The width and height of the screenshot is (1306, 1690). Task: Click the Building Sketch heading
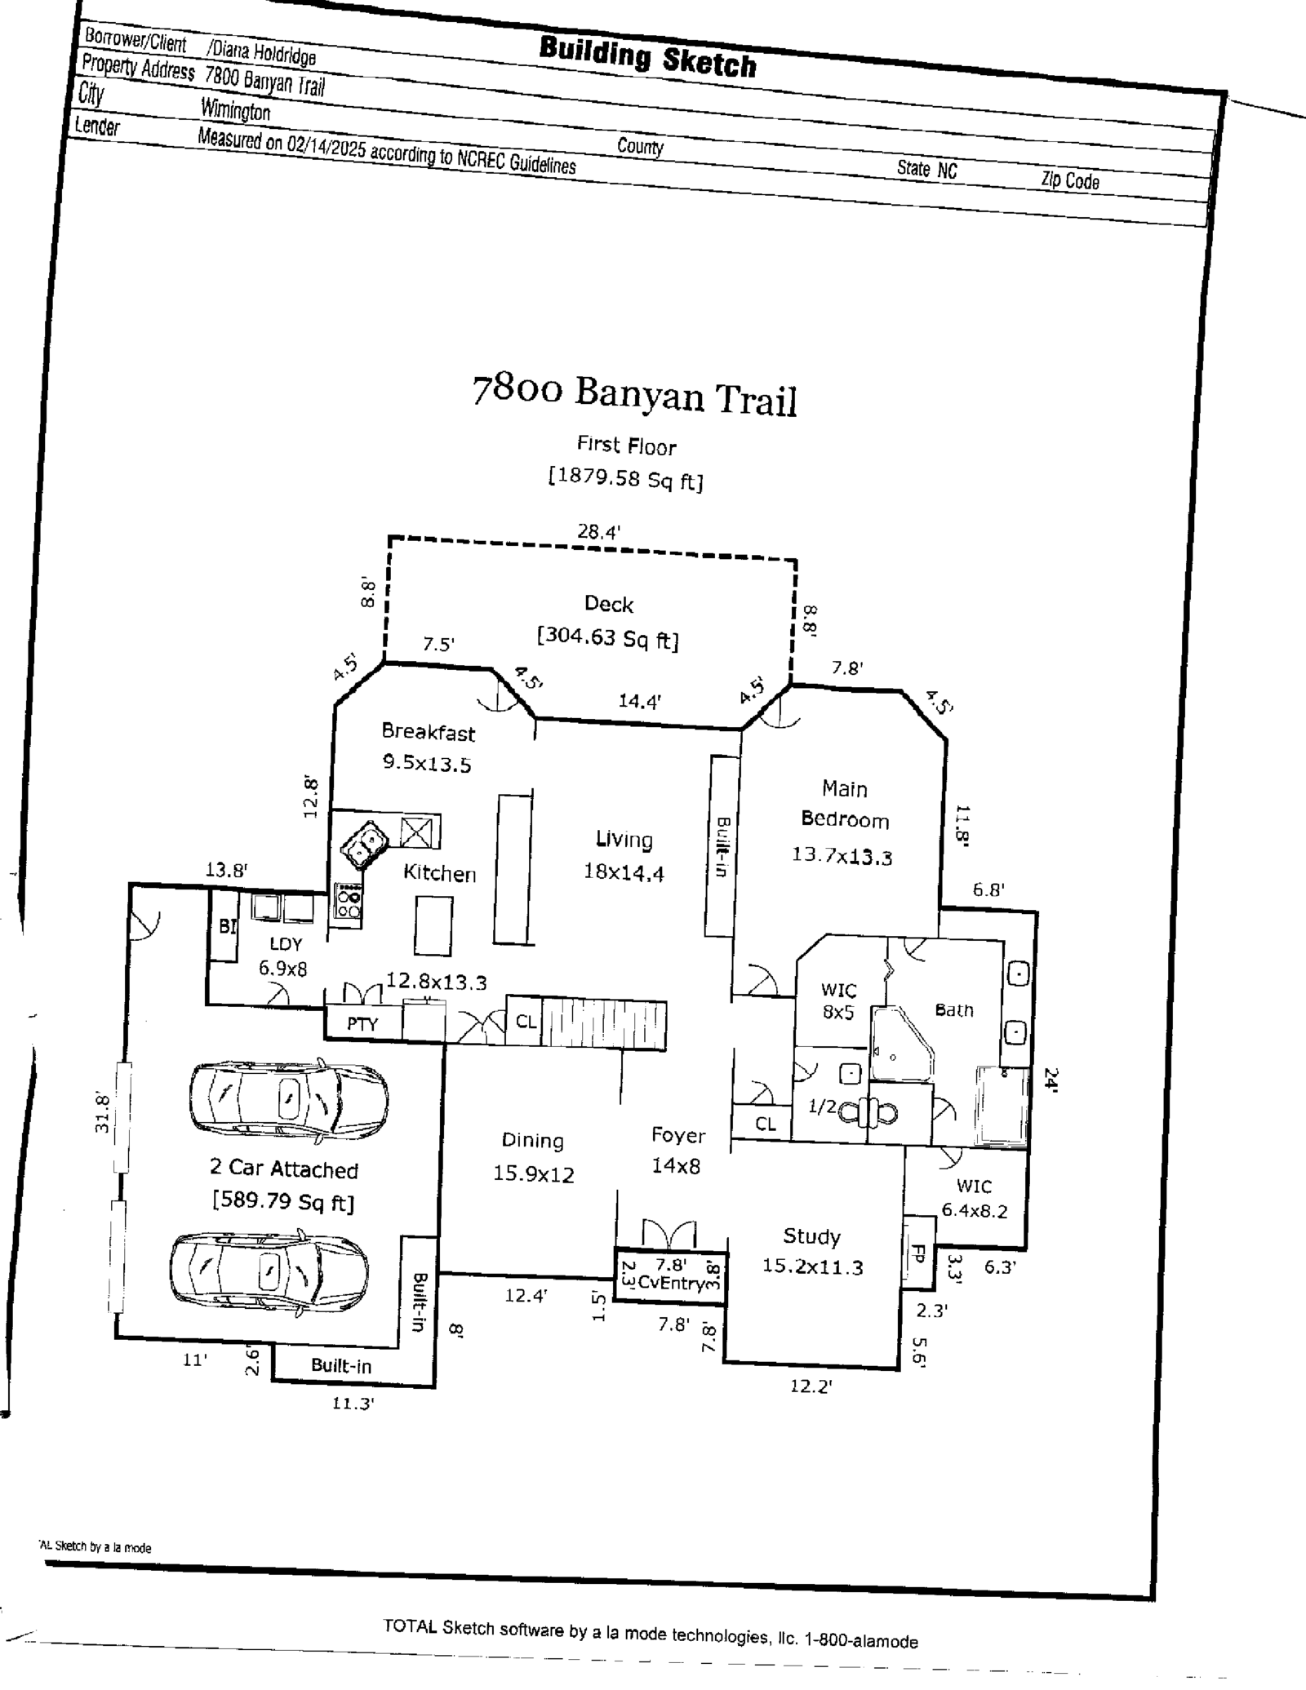tap(647, 57)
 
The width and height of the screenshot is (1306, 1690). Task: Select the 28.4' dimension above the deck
tap(598, 532)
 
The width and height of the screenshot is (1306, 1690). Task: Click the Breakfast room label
tap(428, 732)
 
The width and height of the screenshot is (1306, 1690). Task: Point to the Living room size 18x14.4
tap(624, 872)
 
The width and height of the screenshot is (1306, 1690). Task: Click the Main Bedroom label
tap(844, 804)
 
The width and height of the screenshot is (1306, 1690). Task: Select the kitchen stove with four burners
tap(349, 902)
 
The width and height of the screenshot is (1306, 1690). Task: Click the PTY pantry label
tap(362, 1023)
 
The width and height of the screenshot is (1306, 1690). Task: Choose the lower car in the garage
tap(269, 1272)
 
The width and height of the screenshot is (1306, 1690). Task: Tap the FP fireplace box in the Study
tap(917, 1253)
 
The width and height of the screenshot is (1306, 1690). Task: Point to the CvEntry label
tap(671, 1283)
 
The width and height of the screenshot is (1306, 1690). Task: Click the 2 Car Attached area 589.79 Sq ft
tap(283, 1201)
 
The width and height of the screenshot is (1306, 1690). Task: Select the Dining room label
tap(532, 1140)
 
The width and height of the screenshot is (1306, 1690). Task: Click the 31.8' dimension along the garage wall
tap(101, 1111)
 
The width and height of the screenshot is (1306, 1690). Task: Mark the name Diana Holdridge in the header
tap(263, 54)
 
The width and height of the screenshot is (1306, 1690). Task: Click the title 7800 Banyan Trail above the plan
tap(634, 395)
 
